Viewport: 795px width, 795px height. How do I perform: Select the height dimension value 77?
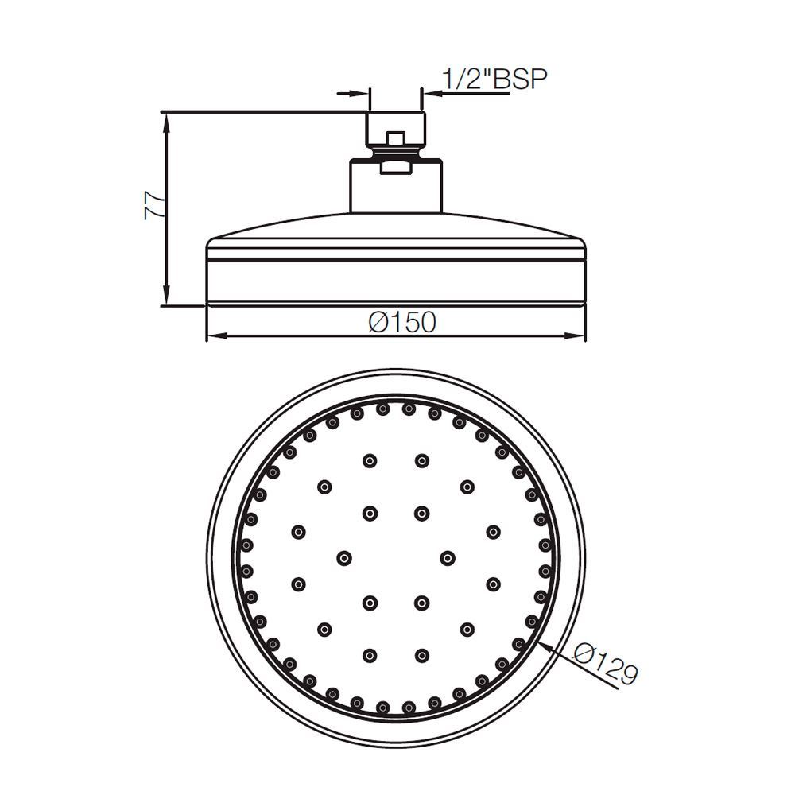(154, 206)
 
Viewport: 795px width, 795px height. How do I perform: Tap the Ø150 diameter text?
(402, 322)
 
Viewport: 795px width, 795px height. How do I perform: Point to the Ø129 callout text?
(607, 666)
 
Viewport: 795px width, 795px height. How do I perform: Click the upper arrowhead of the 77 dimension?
(165, 118)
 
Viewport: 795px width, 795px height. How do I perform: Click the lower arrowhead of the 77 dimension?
(165, 298)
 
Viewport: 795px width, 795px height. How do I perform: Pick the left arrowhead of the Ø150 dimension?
(212, 337)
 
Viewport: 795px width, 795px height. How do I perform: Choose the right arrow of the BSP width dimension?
(430, 93)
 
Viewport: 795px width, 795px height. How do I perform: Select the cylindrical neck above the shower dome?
(395, 187)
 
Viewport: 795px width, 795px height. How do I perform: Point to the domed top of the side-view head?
(395, 227)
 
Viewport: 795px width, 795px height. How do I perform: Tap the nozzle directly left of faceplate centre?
(344, 556)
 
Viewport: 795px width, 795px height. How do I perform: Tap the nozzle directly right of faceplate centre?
(448, 556)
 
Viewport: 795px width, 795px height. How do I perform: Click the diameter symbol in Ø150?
(378, 322)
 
